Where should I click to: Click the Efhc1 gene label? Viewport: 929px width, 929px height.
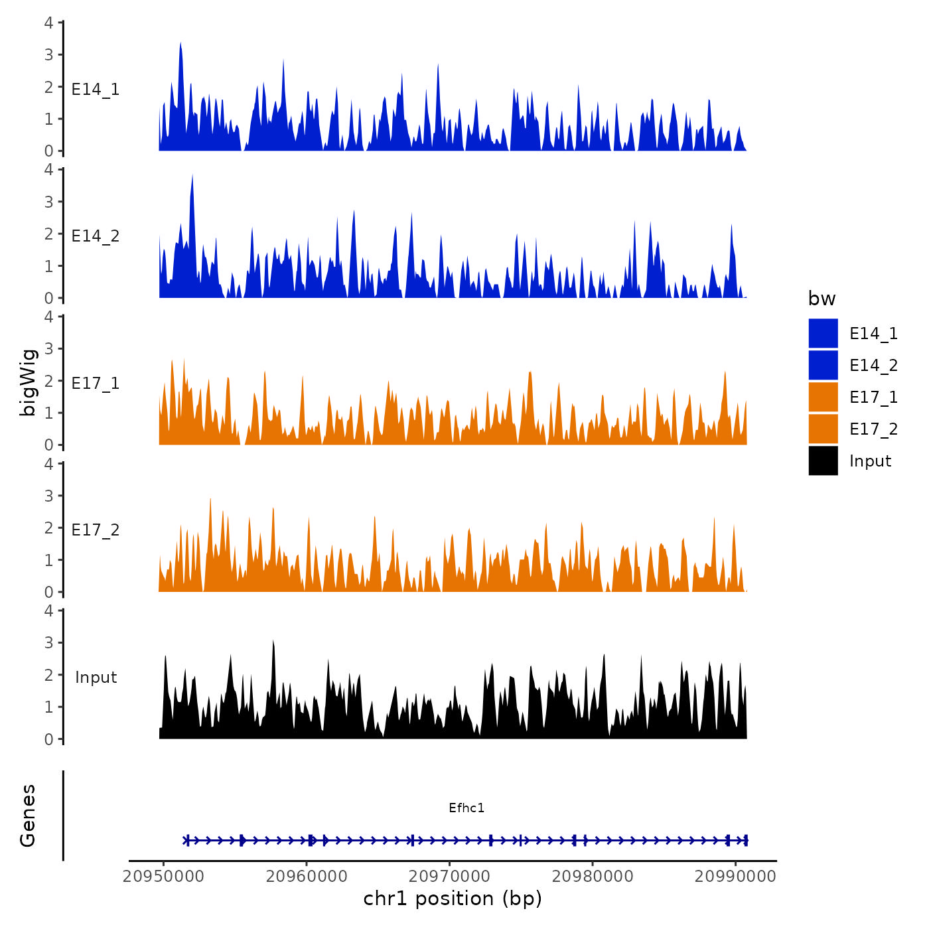coord(466,808)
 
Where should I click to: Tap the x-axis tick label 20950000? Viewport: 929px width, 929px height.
coord(163,876)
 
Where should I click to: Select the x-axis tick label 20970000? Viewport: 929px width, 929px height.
coord(449,876)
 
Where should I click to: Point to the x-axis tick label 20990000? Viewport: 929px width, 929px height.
coord(735,876)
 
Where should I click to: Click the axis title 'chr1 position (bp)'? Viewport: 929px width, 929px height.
coord(453,898)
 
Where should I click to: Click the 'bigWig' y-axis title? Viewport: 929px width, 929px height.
coord(28,382)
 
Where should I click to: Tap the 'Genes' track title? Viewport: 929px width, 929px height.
coord(28,816)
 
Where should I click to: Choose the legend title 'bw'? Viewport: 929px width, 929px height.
coord(822,299)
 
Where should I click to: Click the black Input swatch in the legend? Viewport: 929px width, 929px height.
coord(823,461)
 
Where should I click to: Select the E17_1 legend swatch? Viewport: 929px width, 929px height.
coord(823,397)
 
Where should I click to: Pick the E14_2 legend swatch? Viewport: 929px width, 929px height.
coord(823,366)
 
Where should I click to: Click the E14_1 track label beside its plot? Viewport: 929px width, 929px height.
coord(96,90)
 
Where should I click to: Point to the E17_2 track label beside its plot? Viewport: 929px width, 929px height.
coord(96,530)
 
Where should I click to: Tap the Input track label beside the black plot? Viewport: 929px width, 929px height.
coord(96,678)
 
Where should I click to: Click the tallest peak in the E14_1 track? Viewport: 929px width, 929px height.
coord(180,44)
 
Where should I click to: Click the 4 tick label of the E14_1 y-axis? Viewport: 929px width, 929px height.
coord(48,23)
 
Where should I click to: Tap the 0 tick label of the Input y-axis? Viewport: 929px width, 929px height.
coord(48,739)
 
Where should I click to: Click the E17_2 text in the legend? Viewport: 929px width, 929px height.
coord(873,429)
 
